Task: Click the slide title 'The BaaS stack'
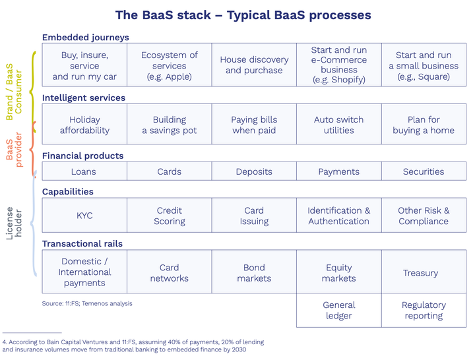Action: click(x=243, y=15)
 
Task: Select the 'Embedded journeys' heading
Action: click(x=85, y=38)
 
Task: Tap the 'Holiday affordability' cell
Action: click(x=84, y=125)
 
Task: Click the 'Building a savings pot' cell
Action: click(x=169, y=125)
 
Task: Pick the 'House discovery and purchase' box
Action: click(x=254, y=65)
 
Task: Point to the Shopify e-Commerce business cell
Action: click(x=339, y=65)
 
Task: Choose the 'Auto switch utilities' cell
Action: click(x=339, y=125)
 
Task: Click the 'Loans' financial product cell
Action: click(x=84, y=171)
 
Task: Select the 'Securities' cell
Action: click(x=424, y=171)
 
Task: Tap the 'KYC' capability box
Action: click(x=84, y=216)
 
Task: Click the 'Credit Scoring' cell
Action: click(x=169, y=216)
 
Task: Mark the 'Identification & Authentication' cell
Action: click(x=339, y=216)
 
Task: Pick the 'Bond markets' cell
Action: click(x=254, y=273)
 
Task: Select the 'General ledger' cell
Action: click(x=339, y=311)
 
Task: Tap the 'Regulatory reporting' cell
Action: click(x=424, y=311)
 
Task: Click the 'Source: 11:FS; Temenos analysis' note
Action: click(x=86, y=303)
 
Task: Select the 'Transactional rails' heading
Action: click(x=82, y=244)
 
